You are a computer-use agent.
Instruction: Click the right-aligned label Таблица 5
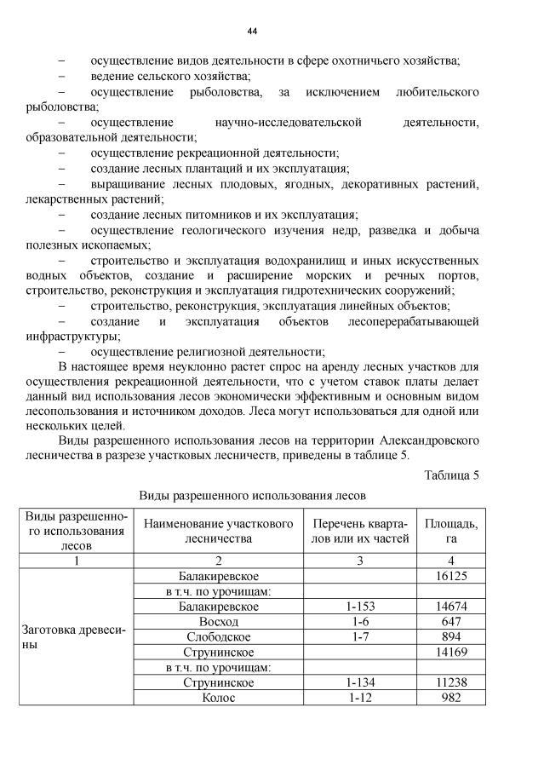(x=451, y=475)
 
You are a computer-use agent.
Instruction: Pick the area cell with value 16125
(x=450, y=576)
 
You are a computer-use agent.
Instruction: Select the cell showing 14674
(x=450, y=607)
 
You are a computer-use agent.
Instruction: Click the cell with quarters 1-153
(x=360, y=607)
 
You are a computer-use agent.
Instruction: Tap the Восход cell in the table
(x=218, y=622)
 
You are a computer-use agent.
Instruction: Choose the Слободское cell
(x=218, y=637)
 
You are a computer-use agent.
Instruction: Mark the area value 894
(x=450, y=637)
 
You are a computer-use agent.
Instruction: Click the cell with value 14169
(x=450, y=653)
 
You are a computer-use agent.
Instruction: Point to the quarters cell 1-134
(x=360, y=683)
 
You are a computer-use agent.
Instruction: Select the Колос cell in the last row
(x=218, y=699)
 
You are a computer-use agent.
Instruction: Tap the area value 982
(x=450, y=699)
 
